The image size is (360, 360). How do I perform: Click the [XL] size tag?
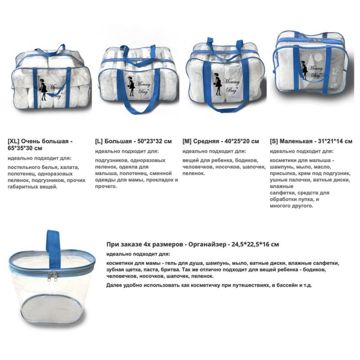[13, 141]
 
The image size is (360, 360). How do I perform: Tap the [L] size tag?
[99, 141]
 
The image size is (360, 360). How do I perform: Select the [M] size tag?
[187, 141]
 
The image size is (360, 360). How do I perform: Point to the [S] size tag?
[274, 141]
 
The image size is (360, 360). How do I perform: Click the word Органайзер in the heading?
[207, 244]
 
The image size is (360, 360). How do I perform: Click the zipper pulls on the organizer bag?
[52, 276]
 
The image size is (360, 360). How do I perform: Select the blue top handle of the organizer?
[53, 248]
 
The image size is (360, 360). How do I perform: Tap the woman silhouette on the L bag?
[131, 86]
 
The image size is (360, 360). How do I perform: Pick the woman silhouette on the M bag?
[217, 84]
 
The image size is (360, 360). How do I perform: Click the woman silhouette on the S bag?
[304, 70]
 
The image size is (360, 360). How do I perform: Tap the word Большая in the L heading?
[118, 141]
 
